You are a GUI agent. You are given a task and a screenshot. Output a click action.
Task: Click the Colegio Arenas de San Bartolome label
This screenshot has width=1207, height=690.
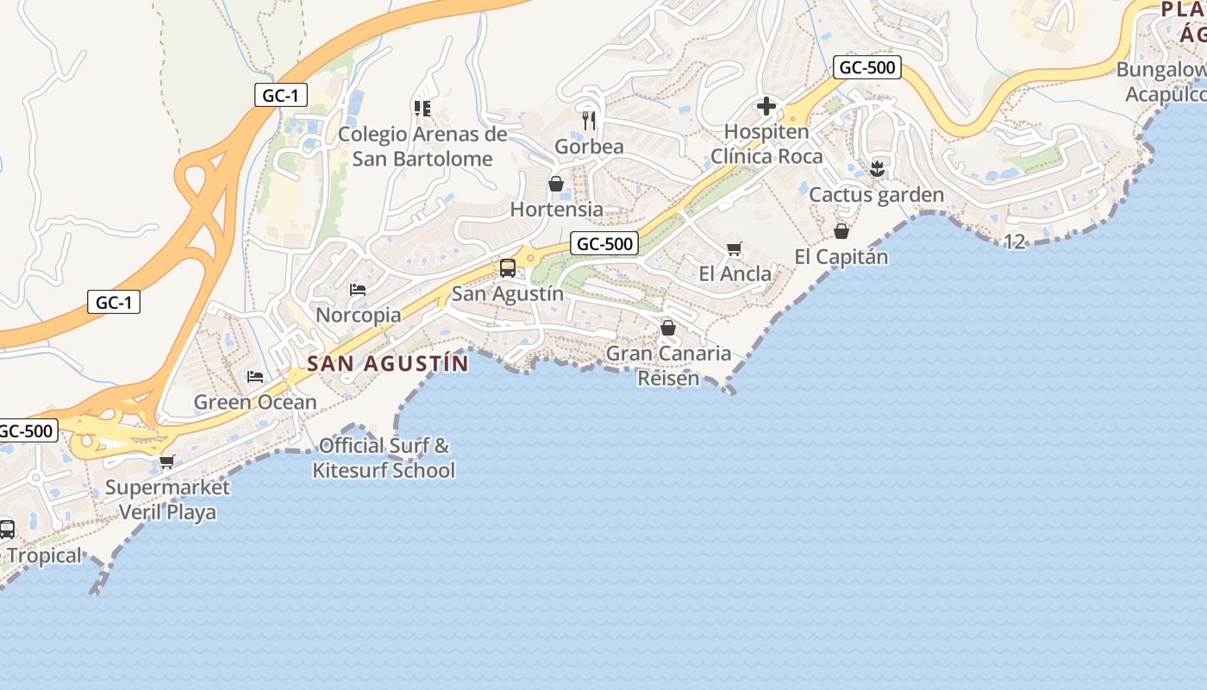[x=422, y=147]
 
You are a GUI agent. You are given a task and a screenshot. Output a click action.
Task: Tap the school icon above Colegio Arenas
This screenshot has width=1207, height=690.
[x=422, y=108]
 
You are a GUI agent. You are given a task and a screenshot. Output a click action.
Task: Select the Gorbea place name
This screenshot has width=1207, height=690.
[x=589, y=147]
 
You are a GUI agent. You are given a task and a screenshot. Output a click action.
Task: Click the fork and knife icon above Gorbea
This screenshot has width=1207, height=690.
[x=589, y=120]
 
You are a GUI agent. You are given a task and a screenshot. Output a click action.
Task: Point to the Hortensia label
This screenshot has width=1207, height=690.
[x=557, y=210]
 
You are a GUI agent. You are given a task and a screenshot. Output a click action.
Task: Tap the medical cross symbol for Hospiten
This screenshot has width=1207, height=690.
[x=766, y=107]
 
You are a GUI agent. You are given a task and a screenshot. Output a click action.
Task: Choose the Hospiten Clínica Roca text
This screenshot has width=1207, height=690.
[x=766, y=144]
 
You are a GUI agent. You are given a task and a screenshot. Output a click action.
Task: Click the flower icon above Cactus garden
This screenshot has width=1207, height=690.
[x=877, y=169]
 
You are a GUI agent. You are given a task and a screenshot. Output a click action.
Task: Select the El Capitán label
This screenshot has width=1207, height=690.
[x=841, y=257]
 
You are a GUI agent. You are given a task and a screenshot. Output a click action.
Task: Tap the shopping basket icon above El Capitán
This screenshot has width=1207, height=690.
[x=841, y=231]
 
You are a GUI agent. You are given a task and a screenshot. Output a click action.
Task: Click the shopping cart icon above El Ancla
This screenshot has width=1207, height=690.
[x=735, y=249]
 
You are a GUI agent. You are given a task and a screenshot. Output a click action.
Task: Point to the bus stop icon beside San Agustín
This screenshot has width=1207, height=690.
[x=508, y=268]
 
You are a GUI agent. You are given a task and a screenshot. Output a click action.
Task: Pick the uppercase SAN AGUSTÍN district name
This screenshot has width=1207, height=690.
[x=388, y=363]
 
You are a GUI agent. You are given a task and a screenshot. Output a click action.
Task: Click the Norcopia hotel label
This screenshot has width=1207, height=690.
[x=359, y=315]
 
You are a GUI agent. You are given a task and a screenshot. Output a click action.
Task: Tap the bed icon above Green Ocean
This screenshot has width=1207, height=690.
[x=255, y=376]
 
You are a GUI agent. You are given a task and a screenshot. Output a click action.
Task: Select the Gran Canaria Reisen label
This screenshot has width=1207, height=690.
[x=668, y=365]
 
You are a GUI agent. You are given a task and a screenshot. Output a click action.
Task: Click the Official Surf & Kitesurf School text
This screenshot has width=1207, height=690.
[x=384, y=458]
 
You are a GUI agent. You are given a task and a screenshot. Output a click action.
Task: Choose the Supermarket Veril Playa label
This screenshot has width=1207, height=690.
[x=167, y=499]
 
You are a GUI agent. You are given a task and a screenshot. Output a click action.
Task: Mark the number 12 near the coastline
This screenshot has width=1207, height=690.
[x=1015, y=241]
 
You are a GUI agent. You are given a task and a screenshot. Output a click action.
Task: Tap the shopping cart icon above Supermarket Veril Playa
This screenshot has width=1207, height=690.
[x=167, y=462]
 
